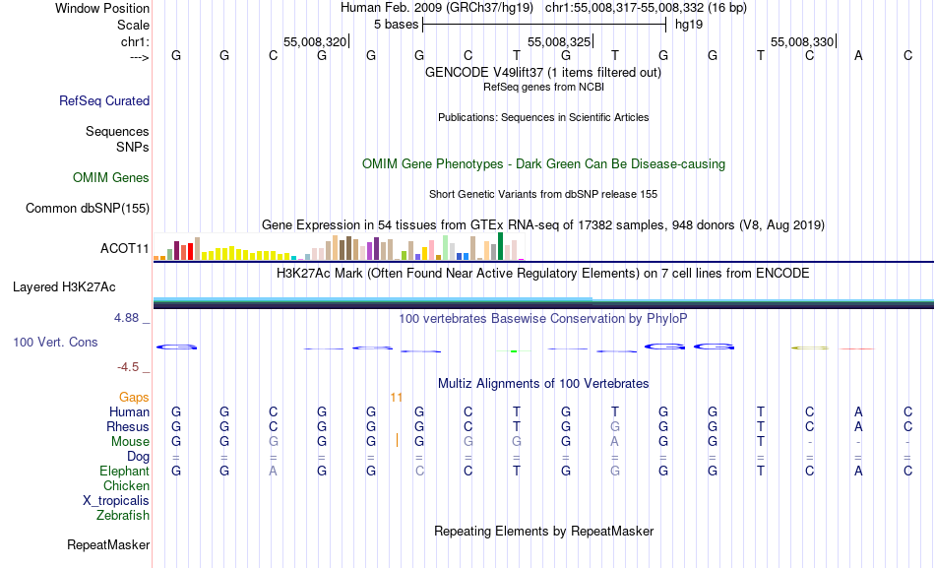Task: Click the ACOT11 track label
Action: tap(124, 248)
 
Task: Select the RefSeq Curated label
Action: tap(104, 100)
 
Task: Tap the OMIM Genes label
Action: tap(111, 177)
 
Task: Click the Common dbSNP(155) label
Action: tap(88, 208)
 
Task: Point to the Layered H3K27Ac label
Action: tap(64, 287)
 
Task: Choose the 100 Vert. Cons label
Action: tap(55, 342)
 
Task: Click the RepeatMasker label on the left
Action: tap(108, 544)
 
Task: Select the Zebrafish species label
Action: tap(123, 515)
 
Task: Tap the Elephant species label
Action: tap(124, 472)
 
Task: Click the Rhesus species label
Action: tap(128, 427)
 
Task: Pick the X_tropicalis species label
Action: tap(116, 500)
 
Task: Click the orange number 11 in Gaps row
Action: tap(397, 398)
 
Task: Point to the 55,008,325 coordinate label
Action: tap(559, 41)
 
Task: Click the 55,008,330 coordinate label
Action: tap(802, 41)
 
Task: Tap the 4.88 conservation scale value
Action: tap(128, 318)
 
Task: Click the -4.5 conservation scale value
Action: tap(128, 367)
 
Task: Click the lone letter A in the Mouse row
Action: tap(615, 442)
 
